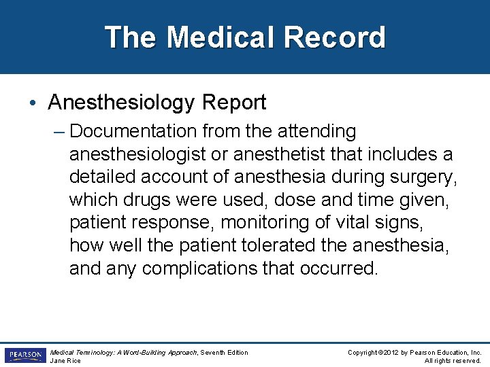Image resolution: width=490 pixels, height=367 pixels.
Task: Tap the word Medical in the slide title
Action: [220, 37]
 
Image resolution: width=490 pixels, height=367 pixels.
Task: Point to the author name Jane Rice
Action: [65, 361]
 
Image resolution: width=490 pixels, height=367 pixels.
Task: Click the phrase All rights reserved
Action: [453, 361]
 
